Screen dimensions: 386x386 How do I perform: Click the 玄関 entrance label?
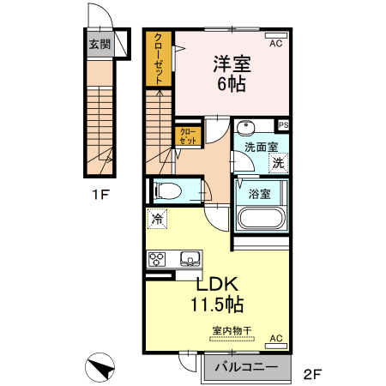(x=100, y=44)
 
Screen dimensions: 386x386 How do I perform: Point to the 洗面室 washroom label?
(x=260, y=147)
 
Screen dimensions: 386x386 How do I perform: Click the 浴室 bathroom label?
(x=260, y=193)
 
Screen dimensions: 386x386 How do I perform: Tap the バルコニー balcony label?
(x=246, y=367)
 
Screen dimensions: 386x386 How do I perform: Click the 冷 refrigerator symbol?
(x=157, y=219)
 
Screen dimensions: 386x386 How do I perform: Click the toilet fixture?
(x=169, y=190)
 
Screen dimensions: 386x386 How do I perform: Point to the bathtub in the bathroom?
(x=260, y=217)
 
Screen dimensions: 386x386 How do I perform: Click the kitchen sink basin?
(x=189, y=258)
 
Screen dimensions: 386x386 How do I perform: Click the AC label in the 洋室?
(x=276, y=43)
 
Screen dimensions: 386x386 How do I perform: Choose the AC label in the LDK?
(x=276, y=340)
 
